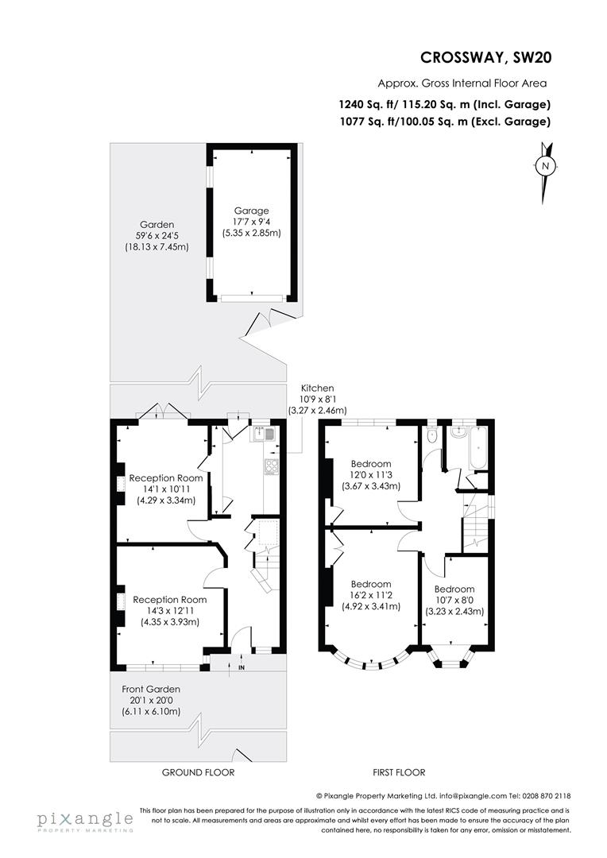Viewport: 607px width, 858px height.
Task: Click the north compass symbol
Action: pos(545,166)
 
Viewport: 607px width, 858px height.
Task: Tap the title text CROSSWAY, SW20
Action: pos(485,57)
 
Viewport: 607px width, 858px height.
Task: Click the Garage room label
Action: pos(251,211)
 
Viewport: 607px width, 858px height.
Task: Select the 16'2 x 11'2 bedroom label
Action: pos(370,595)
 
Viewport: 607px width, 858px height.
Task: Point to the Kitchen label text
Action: pos(317,388)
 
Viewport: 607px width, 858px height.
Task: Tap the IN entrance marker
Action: pos(241,667)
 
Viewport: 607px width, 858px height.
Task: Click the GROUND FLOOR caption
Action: pos(198,772)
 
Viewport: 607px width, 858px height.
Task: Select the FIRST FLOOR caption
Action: pos(399,772)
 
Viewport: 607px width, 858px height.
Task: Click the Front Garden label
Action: pos(151,689)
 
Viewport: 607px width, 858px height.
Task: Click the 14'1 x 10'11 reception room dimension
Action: pos(166,489)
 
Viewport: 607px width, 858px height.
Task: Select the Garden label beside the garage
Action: pos(156,225)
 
